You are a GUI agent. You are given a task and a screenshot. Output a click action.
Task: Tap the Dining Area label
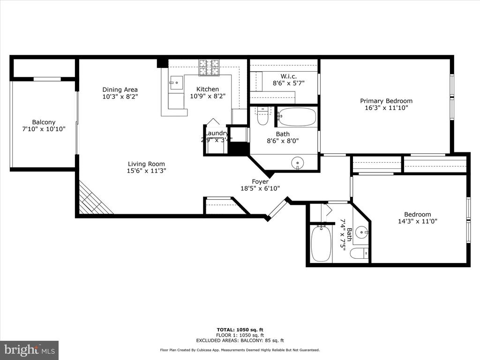click(120, 90)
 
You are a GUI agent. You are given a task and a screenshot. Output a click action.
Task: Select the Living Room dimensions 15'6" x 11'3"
click(147, 171)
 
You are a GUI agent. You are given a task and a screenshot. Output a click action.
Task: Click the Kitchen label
click(207, 89)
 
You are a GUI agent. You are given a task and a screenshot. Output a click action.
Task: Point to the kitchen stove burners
click(209, 67)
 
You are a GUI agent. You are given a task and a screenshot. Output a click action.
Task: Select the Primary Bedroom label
click(386, 101)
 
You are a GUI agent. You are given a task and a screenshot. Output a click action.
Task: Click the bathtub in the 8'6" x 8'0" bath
click(297, 117)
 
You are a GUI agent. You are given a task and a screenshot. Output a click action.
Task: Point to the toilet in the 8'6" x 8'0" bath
click(262, 117)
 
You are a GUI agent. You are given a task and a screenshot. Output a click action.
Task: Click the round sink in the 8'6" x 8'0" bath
click(297, 164)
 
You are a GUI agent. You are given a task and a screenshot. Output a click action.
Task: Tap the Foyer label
click(260, 181)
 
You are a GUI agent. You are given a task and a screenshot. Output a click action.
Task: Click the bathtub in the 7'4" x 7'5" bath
click(321, 244)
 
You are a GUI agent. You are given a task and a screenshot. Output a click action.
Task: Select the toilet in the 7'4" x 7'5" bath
click(359, 254)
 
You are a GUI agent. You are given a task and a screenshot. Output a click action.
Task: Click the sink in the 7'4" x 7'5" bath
click(361, 232)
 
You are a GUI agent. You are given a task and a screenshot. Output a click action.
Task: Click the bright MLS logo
click(29, 350)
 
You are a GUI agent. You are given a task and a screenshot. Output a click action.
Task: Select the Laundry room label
click(217, 133)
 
